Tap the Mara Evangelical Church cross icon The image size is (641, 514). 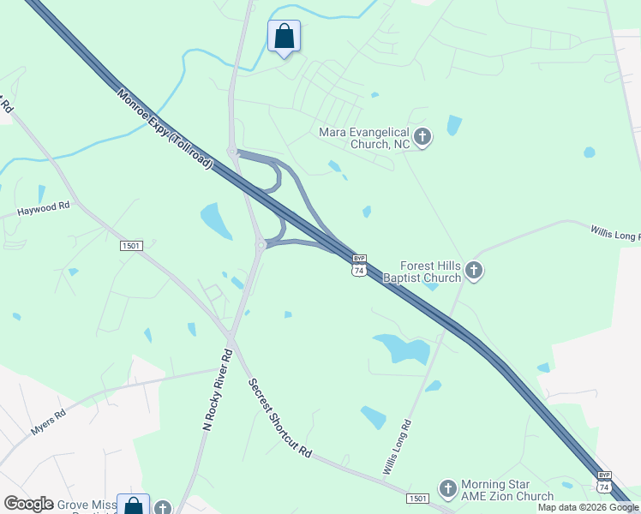(422, 136)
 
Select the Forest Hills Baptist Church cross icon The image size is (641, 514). (473, 272)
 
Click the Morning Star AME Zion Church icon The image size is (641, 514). (447, 489)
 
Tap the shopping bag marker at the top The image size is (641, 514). (285, 37)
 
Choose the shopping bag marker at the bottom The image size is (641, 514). (134, 506)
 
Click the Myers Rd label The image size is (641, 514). (49, 424)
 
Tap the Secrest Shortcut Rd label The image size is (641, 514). (279, 418)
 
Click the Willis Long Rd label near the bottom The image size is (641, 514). (398, 447)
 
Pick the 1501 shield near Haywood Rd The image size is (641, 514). (131, 246)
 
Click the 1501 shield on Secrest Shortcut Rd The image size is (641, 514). (417, 498)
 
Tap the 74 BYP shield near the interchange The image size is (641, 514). (359, 265)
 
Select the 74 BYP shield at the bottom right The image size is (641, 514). (604, 481)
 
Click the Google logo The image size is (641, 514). (28, 504)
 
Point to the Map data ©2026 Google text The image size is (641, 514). (588, 508)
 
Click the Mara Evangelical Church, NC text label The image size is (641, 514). (364, 138)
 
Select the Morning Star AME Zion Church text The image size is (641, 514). (507, 490)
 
